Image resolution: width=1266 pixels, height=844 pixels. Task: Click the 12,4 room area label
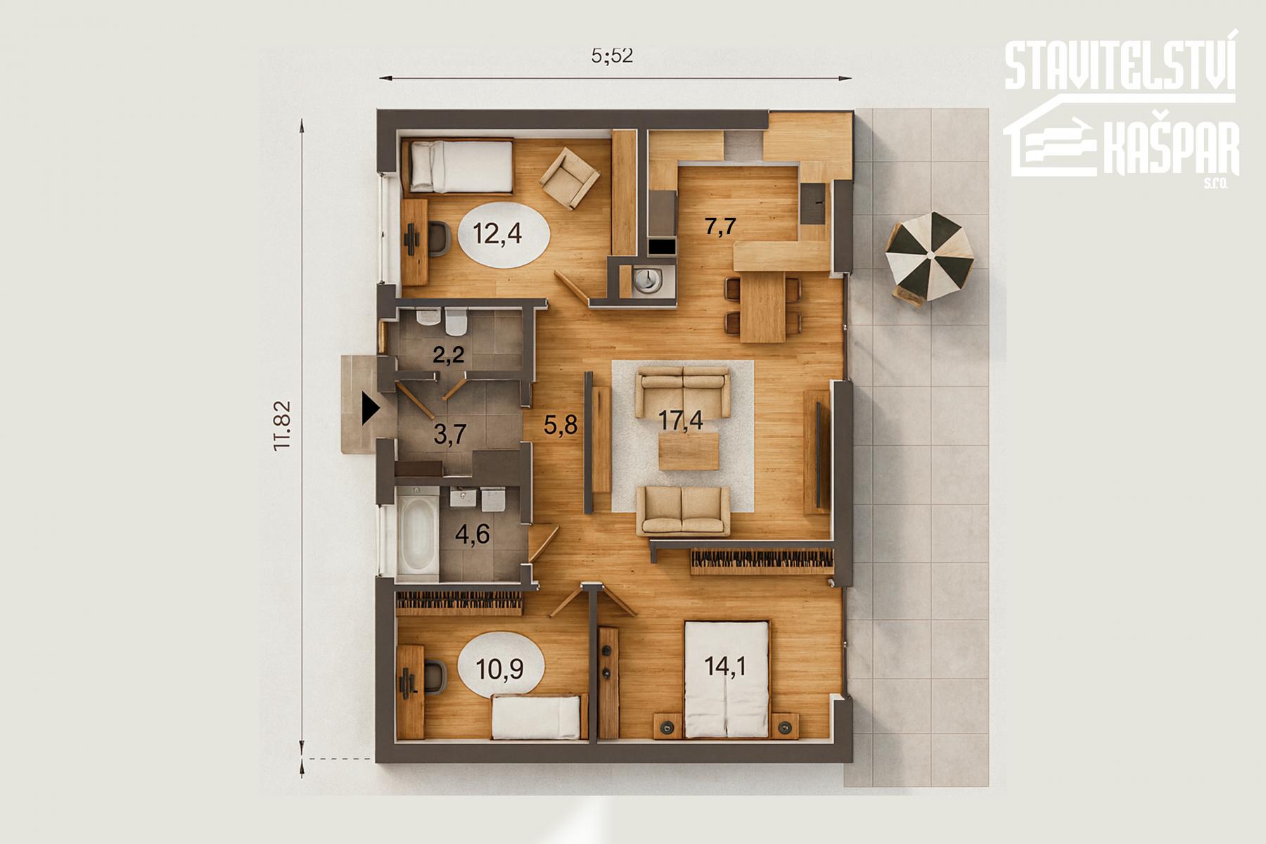497,233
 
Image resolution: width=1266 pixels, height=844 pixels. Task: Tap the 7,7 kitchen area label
720,226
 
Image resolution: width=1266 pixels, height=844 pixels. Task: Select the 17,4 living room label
681,420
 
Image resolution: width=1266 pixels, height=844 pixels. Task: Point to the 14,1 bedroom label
727,665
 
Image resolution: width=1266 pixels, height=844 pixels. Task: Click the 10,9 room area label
499,668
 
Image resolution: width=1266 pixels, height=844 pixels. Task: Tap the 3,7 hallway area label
450,434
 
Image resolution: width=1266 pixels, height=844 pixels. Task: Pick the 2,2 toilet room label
448,354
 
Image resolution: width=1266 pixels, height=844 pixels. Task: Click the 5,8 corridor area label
561,424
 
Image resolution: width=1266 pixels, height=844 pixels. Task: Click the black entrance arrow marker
369,409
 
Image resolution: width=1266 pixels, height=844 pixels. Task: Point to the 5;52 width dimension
613,56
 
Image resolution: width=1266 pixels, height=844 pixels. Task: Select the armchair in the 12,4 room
570,179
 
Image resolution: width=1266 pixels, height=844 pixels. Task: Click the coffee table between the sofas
690,451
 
